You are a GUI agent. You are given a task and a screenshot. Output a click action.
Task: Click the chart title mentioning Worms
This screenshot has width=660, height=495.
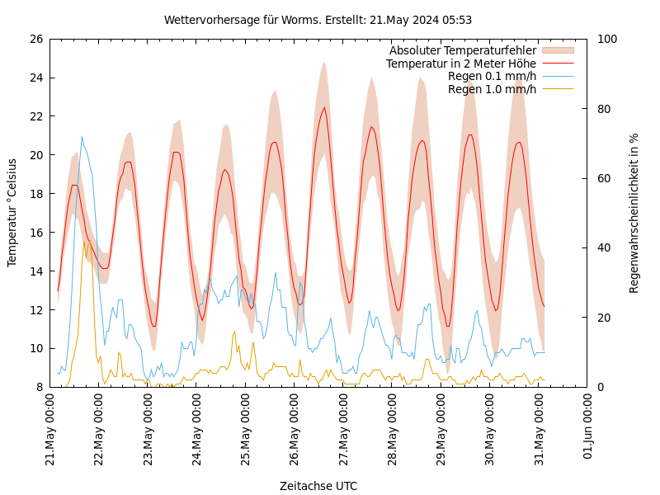(318, 20)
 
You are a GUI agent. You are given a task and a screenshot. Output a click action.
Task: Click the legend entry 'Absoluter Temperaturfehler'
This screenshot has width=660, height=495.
(463, 51)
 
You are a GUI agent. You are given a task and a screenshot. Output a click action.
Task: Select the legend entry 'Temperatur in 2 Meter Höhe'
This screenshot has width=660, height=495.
(461, 64)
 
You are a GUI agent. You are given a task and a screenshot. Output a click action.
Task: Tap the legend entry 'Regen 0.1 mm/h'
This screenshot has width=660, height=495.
(492, 76)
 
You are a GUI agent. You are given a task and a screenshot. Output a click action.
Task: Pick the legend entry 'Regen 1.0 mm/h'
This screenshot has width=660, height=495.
(492, 89)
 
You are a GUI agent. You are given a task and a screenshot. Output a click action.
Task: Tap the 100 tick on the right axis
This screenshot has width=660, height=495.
(607, 39)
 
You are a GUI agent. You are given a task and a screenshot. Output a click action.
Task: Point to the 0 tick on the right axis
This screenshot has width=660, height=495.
(601, 387)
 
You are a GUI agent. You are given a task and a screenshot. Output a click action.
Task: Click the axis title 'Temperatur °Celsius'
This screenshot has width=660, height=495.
(12, 213)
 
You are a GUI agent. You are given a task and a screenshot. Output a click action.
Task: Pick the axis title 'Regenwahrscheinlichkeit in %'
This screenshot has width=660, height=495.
(634, 213)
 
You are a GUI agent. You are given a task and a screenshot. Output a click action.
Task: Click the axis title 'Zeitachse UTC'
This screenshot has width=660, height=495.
(318, 486)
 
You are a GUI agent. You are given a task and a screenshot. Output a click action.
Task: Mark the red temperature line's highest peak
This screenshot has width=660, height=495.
(324, 107)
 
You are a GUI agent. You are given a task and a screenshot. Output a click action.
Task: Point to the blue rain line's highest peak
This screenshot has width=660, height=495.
(82, 137)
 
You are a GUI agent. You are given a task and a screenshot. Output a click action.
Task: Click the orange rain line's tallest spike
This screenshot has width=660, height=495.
(84, 240)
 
